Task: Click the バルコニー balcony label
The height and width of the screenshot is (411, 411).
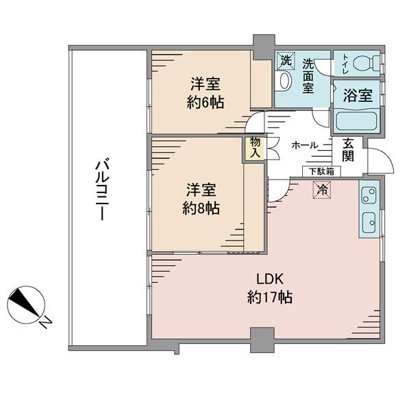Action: [x=102, y=189]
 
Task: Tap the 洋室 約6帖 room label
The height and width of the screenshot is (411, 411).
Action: [x=206, y=93]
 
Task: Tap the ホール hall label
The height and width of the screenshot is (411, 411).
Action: [x=305, y=145]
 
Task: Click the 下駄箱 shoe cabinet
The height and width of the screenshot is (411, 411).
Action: [x=321, y=171]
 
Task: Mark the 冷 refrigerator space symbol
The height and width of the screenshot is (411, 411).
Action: [x=322, y=190]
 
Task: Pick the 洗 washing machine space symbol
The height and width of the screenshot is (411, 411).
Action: [x=286, y=61]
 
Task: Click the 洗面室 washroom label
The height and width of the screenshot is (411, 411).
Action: [x=308, y=76]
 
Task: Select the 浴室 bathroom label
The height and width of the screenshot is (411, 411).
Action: [x=358, y=95]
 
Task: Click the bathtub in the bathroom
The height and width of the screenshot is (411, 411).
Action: [x=356, y=121]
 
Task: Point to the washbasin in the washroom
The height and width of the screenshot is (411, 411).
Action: [x=285, y=80]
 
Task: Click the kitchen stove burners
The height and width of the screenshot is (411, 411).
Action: [x=369, y=195]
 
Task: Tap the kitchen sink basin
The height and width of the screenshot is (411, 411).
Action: [x=369, y=223]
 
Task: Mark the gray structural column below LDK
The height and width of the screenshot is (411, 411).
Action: [x=262, y=340]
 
